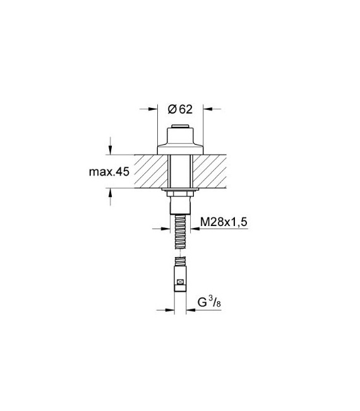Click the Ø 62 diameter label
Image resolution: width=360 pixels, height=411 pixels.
180,109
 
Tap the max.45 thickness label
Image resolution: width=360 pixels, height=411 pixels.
109,172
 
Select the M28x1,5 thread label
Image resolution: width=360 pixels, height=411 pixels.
224,222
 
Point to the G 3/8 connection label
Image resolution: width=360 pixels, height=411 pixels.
209,302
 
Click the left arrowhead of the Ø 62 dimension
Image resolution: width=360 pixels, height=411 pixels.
153,109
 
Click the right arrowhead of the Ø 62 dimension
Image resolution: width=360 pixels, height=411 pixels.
208,109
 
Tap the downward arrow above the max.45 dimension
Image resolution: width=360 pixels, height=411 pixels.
111,150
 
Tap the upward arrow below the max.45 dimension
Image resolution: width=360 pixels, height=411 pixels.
111,193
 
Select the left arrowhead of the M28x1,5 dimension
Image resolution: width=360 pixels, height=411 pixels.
165,229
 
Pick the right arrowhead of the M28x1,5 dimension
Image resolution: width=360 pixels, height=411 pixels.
195,229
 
